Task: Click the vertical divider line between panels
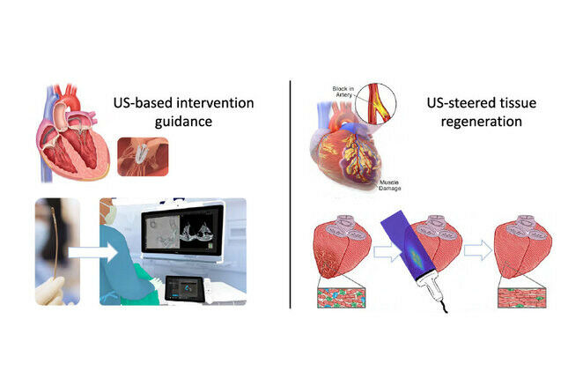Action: (x=290, y=194)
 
